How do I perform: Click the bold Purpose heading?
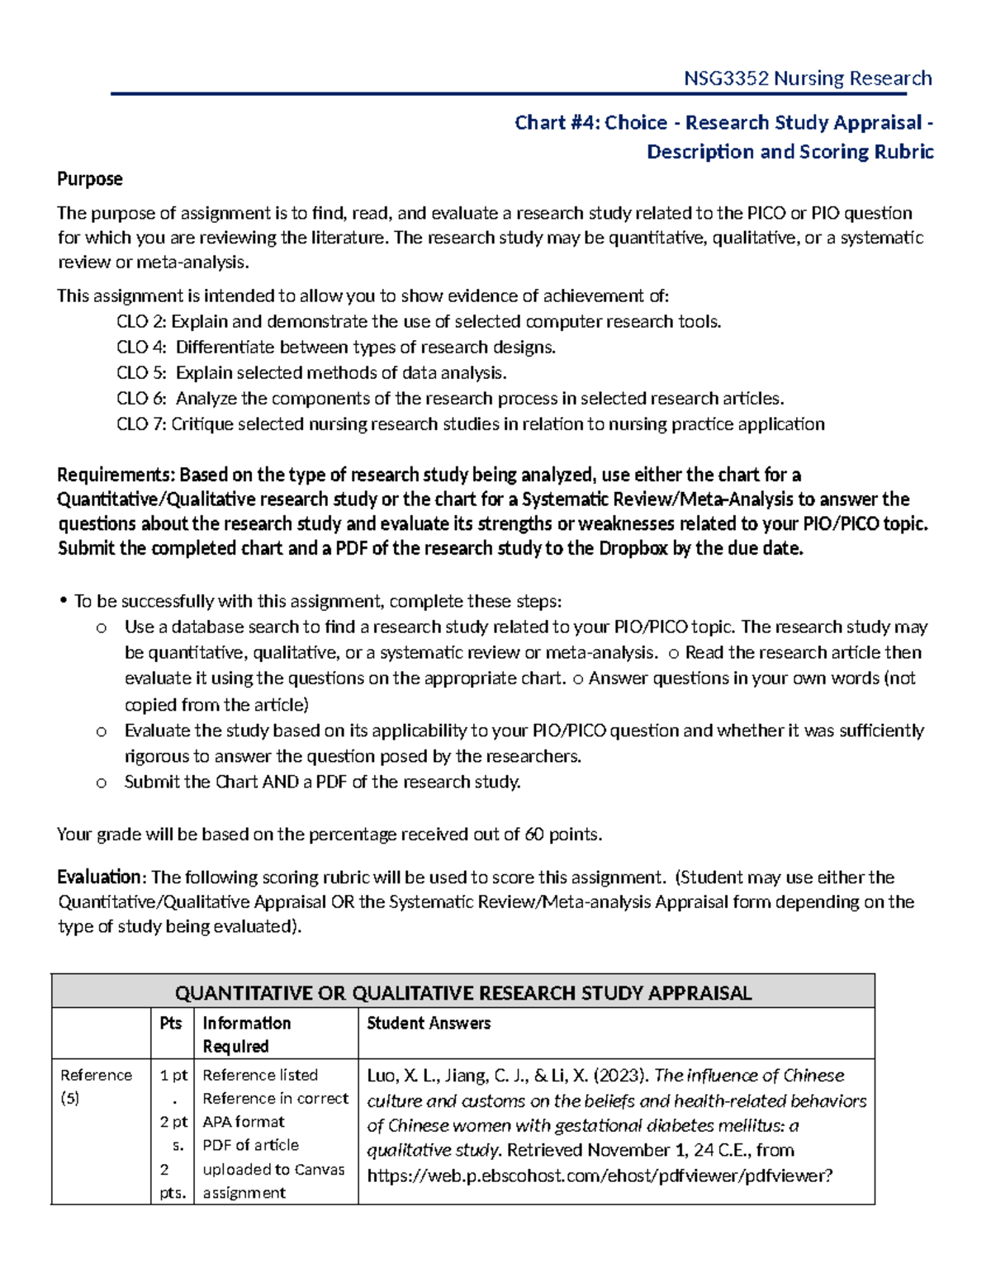point(89,179)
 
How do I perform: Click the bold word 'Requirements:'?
point(116,475)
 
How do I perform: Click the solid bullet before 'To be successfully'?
point(63,602)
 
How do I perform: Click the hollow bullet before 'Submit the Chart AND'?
point(101,783)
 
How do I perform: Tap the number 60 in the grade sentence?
point(534,835)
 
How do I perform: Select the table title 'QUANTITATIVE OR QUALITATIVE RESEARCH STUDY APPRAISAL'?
point(462,993)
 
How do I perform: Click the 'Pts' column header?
point(171,1024)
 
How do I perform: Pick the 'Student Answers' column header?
point(429,1024)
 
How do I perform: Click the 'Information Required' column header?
point(246,1034)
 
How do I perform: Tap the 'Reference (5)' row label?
point(96,1086)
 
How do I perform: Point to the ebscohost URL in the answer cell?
point(600,1176)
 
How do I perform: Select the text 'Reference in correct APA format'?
point(275,1110)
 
